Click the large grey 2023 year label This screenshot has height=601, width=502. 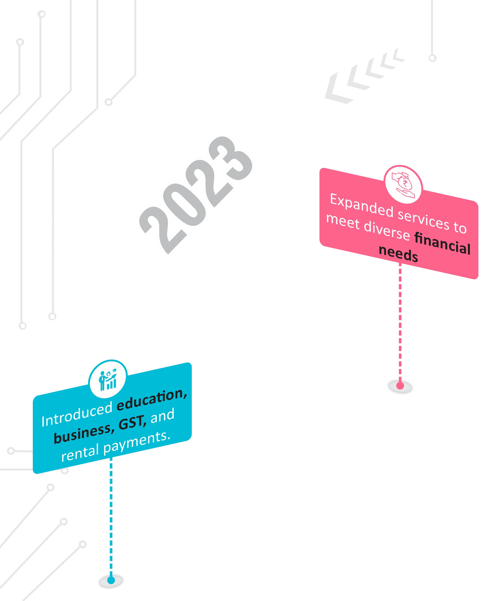click(x=196, y=195)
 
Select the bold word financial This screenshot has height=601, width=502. click(x=442, y=243)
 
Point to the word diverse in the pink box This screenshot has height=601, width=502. click(x=387, y=230)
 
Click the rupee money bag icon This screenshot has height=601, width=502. click(x=403, y=185)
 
